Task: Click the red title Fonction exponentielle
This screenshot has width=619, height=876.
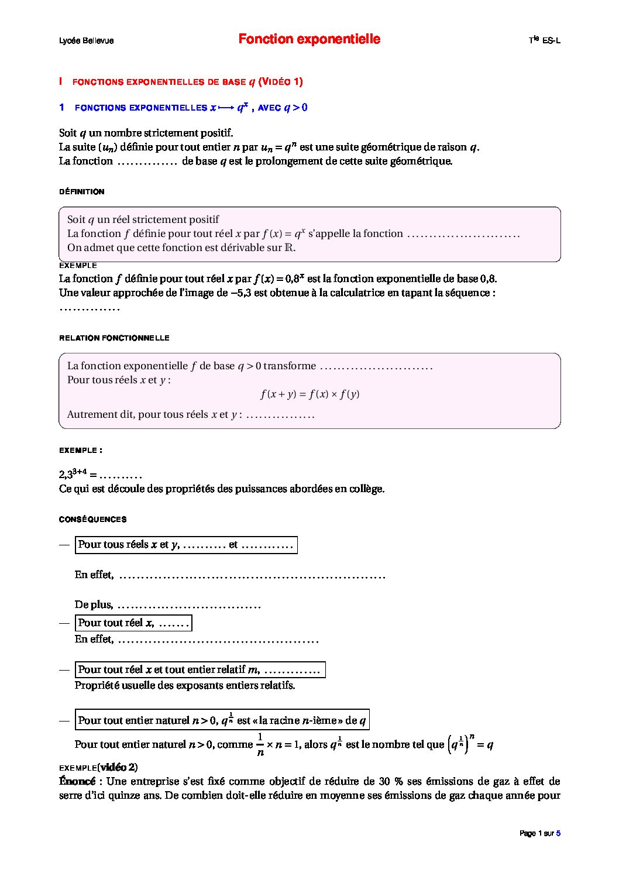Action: click(309, 39)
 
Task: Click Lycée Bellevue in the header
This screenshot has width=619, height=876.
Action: click(86, 40)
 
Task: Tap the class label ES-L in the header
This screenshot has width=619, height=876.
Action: click(551, 40)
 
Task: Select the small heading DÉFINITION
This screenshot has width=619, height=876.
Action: click(81, 192)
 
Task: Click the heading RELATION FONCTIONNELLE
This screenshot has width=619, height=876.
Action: click(114, 338)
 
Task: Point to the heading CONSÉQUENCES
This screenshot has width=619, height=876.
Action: click(92, 520)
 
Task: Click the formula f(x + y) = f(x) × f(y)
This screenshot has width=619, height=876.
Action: click(309, 394)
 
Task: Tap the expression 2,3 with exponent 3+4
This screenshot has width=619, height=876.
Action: click(73, 474)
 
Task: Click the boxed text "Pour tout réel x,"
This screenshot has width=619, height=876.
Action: click(116, 623)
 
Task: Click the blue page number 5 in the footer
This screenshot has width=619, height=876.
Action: click(558, 833)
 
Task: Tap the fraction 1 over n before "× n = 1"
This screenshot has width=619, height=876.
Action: click(260, 745)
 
